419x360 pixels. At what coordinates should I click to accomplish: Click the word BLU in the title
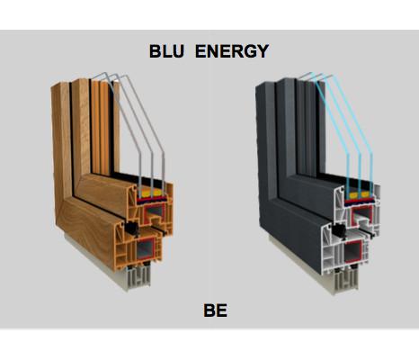pos(166,51)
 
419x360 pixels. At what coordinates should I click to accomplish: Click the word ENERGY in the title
pos(232,51)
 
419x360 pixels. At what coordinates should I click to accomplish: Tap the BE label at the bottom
pos(215,310)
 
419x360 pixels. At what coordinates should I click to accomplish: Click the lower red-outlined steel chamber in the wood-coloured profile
pos(146,249)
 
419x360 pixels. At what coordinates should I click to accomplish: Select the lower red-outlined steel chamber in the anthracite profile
pos(353,251)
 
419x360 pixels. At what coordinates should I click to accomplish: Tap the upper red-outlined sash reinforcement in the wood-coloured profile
pos(155,213)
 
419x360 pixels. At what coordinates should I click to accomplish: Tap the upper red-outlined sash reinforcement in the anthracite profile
pos(361,215)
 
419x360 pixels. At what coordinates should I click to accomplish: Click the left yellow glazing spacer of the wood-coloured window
pos(146,193)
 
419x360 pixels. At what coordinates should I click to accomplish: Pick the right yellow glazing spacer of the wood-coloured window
pos(157,193)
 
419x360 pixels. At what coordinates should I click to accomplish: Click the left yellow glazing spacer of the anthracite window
pos(353,195)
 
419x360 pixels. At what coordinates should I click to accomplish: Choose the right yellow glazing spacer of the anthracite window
pos(365,194)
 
